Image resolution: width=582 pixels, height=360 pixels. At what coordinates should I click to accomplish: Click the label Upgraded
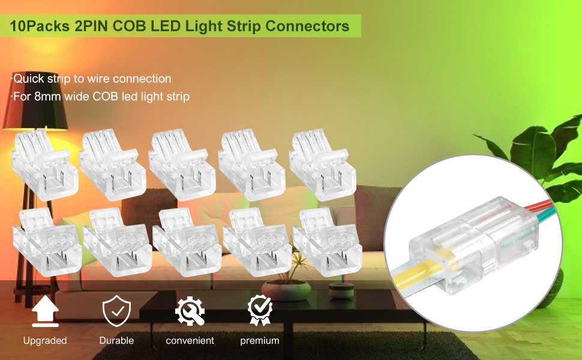[45, 340]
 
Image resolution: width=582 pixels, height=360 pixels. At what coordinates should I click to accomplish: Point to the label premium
[260, 340]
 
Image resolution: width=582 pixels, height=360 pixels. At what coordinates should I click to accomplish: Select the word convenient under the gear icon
[190, 340]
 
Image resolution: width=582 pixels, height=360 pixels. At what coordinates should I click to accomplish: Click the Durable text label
[116, 340]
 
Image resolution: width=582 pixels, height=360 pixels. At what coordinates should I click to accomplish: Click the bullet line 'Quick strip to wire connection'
[91, 79]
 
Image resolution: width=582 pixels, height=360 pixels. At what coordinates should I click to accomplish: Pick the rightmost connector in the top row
[323, 163]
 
